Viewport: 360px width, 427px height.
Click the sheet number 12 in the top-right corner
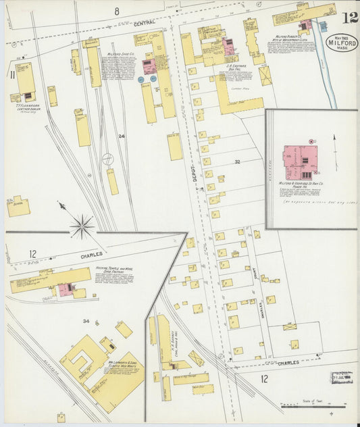(349, 17)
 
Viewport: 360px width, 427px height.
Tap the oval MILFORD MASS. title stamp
(342, 43)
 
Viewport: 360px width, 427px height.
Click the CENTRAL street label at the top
(145, 23)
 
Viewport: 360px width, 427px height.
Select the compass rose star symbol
(82, 225)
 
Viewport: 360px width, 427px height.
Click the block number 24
(122, 136)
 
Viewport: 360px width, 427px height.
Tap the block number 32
(237, 162)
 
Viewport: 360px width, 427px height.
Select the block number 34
(86, 320)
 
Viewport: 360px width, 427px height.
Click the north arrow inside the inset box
(336, 143)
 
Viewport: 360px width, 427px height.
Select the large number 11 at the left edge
(11, 74)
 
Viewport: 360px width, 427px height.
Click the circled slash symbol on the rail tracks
(107, 159)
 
